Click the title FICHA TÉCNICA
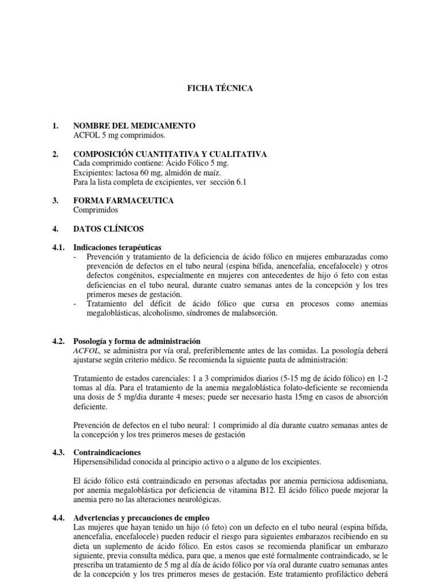(220, 89)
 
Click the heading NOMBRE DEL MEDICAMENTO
(134, 126)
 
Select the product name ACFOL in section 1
(87, 135)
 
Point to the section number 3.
(56, 201)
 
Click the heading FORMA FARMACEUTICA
(123, 201)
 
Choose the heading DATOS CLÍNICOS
(108, 229)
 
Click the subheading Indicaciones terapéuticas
(117, 248)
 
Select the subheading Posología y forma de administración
(137, 341)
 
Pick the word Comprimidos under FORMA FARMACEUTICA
(95, 210)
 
